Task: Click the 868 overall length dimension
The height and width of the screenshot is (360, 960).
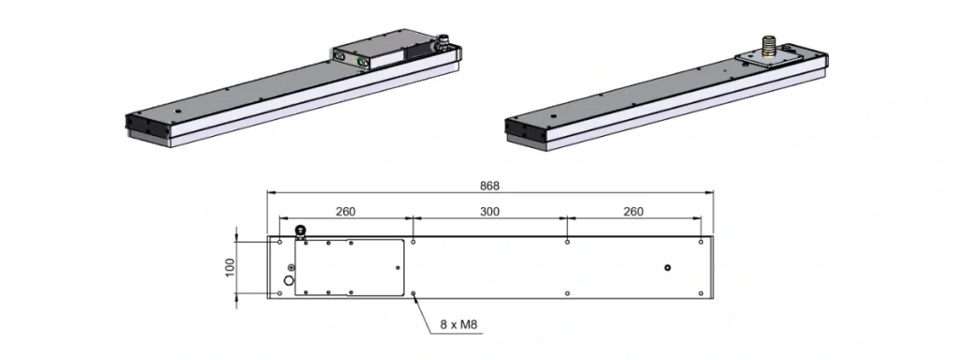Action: [490, 185]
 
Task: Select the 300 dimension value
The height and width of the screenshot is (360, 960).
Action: [489, 212]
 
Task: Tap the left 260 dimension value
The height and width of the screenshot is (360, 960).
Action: [345, 212]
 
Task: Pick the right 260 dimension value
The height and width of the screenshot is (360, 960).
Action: [634, 212]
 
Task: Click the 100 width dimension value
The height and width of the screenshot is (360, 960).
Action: [231, 267]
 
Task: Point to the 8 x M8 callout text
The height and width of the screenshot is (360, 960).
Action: [457, 323]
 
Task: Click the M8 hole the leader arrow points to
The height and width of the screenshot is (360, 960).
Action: [413, 293]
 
